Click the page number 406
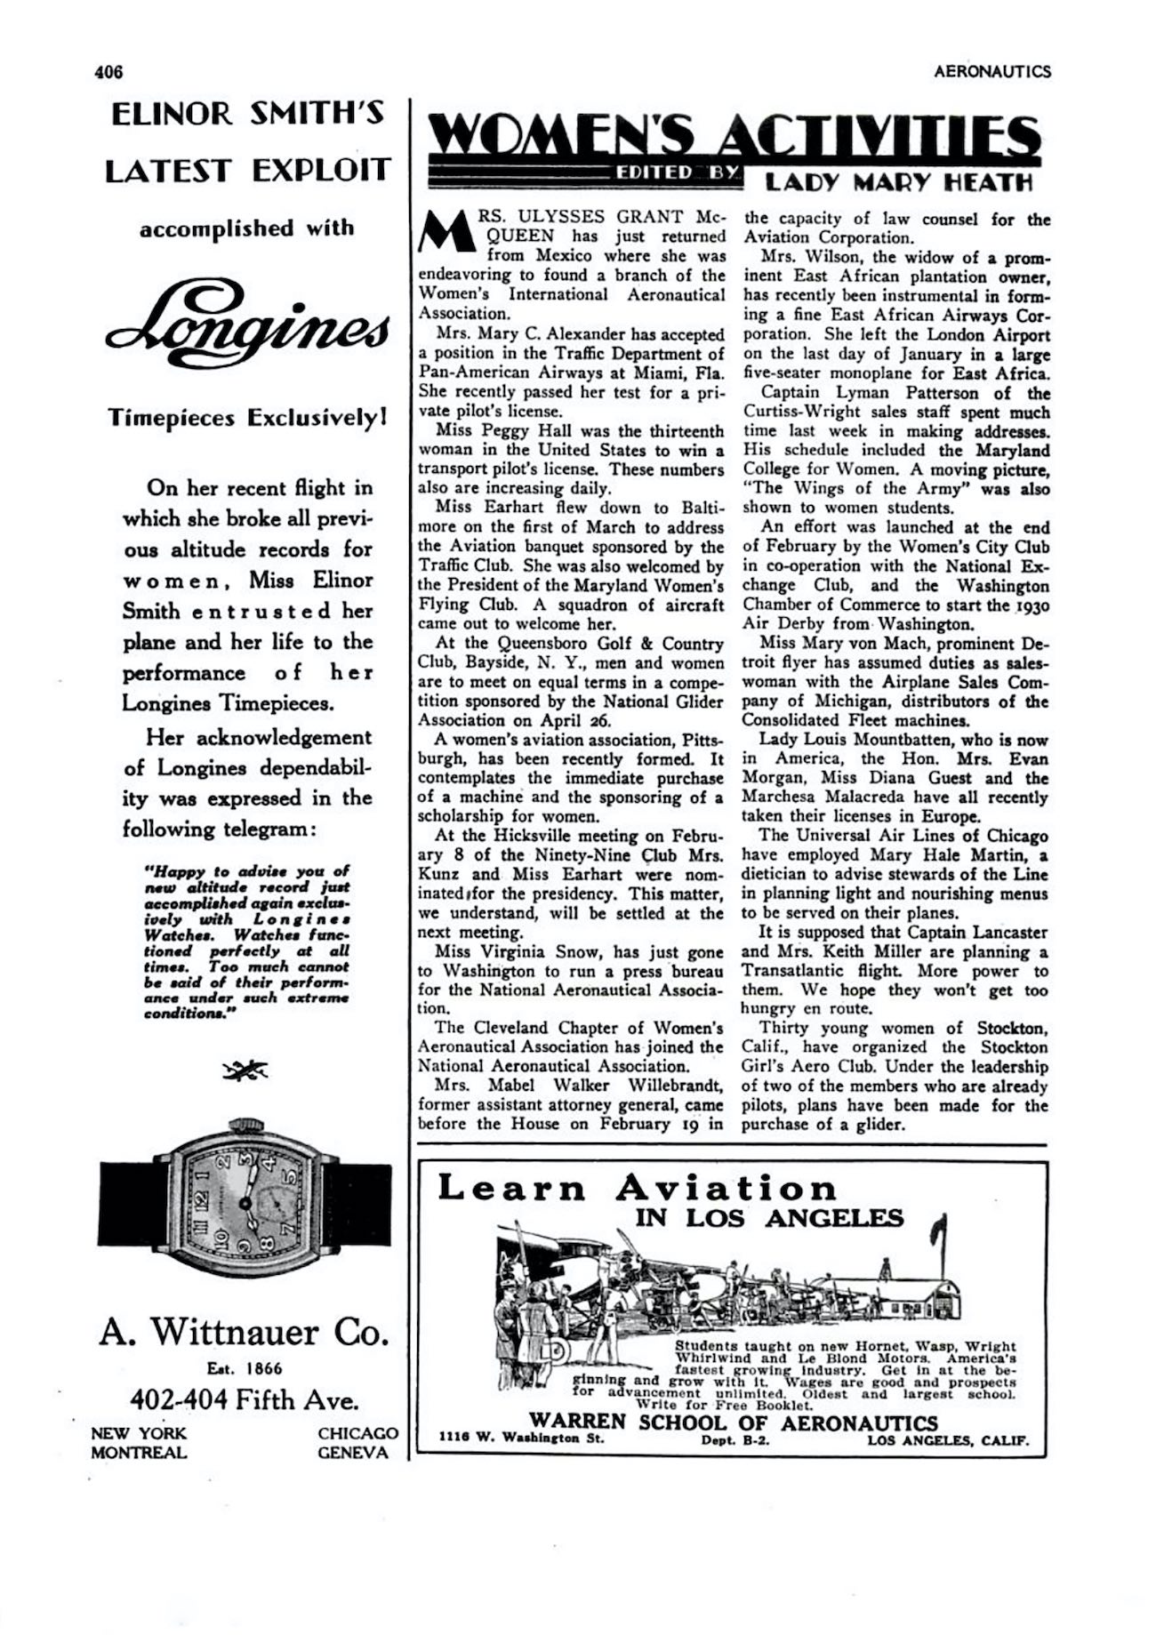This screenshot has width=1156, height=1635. pyautogui.click(x=108, y=72)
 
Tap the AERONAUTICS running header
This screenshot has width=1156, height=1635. pyautogui.click(x=991, y=72)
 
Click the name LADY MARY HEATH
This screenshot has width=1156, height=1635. pyautogui.click(x=899, y=183)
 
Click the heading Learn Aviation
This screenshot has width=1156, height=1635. pyautogui.click(x=637, y=1189)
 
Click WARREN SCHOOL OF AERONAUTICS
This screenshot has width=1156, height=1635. pyautogui.click(x=734, y=1423)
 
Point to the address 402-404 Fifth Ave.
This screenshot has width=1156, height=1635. pyautogui.click(x=245, y=1401)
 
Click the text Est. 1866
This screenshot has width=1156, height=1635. pyautogui.click(x=245, y=1368)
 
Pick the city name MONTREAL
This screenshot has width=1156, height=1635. pyautogui.click(x=139, y=1453)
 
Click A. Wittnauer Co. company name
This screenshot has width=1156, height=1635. pyautogui.click(x=245, y=1333)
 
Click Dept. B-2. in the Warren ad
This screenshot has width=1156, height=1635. pyautogui.click(x=734, y=1440)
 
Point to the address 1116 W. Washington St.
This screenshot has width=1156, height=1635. pyautogui.click(x=522, y=1440)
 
